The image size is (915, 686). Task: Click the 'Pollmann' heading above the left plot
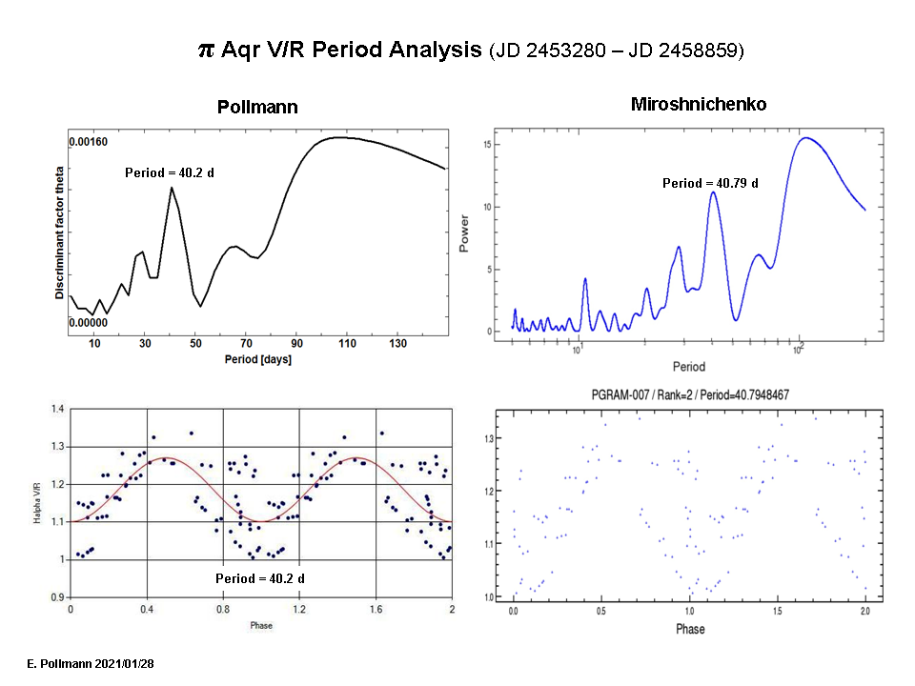point(257,108)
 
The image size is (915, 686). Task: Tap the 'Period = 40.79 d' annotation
point(710,183)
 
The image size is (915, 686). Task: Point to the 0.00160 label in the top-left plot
point(89,143)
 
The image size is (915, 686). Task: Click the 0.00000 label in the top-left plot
point(89,322)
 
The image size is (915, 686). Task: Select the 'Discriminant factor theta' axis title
point(59,230)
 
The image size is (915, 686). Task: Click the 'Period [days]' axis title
point(258,359)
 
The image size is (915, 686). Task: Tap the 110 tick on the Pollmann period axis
point(346,343)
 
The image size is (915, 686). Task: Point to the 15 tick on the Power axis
point(486,145)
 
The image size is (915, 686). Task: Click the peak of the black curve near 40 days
point(172,188)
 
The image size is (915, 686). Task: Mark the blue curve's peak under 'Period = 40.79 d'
point(712,192)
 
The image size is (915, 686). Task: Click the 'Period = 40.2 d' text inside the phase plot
point(259,578)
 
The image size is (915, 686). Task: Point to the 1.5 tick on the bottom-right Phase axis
point(778,609)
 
